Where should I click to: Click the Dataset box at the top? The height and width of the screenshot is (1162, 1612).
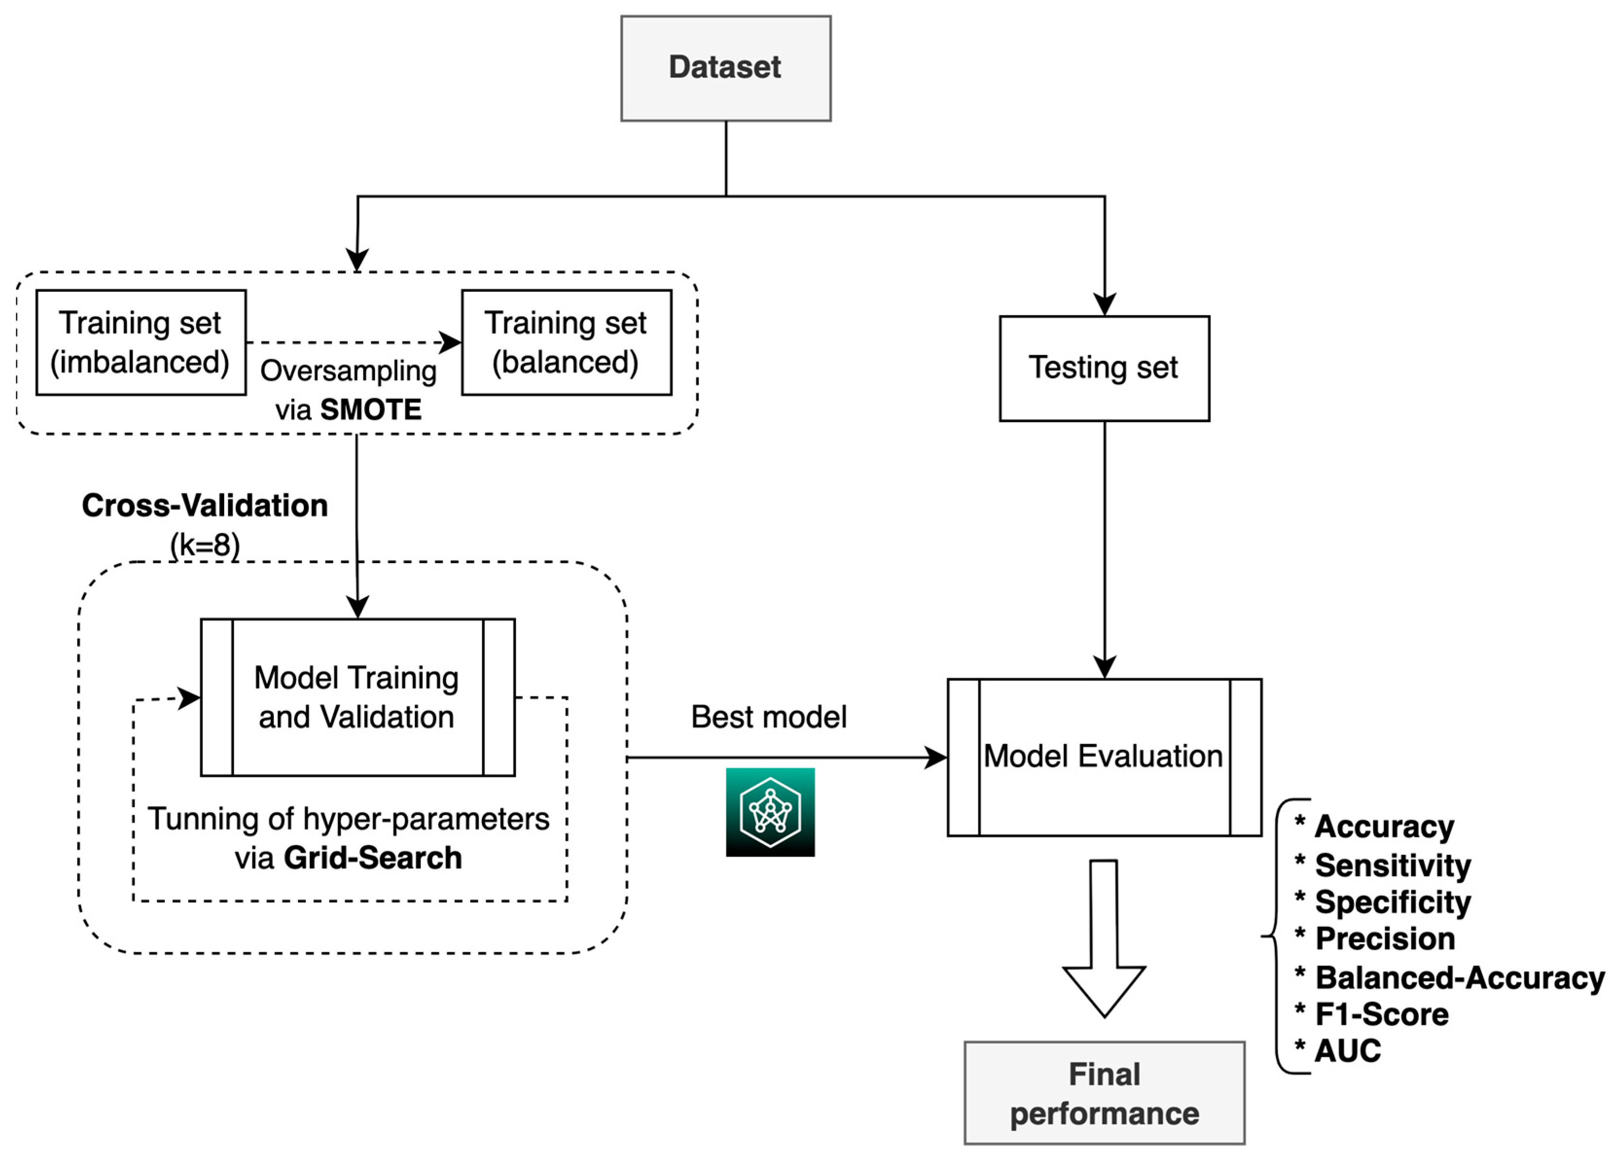pos(725,68)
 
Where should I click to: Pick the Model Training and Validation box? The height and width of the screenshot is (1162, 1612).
pos(357,697)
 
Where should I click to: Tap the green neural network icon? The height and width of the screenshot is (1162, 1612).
pos(770,812)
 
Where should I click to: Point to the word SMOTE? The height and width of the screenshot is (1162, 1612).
pos(371,410)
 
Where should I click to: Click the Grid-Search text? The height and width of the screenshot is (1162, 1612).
pos(372,858)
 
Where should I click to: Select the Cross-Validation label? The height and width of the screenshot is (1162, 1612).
pos(205,505)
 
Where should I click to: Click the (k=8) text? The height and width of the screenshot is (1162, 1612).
pos(205,545)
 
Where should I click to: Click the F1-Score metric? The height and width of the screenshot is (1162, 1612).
pos(1381,1014)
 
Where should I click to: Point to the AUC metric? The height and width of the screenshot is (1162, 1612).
pos(1347,1051)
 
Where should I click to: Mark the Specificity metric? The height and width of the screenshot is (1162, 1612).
pos(1392,902)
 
